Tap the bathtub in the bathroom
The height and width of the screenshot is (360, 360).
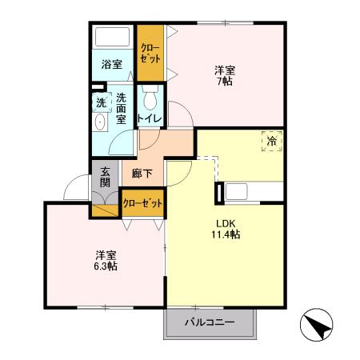(113, 38)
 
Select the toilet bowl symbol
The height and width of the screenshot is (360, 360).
(150, 101)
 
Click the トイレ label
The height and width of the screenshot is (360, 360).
(150, 119)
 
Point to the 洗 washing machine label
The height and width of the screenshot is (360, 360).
(101, 102)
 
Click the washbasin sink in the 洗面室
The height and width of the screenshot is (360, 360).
(100, 122)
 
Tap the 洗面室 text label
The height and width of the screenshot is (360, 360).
(121, 109)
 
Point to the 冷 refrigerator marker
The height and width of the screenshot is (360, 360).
(271, 142)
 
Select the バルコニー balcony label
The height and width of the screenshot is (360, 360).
(209, 322)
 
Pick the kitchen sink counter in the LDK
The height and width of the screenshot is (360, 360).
(252, 192)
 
